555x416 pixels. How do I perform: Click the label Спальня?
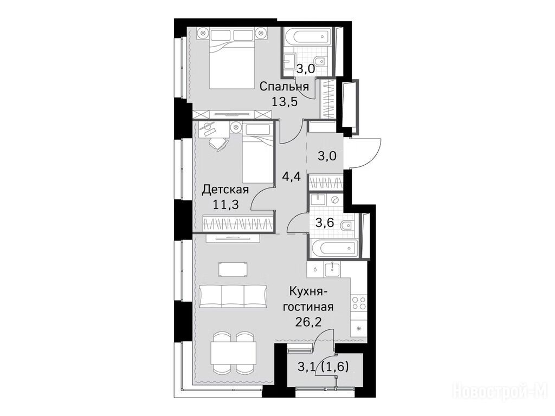point(284,87)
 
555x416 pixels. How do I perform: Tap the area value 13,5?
point(284,102)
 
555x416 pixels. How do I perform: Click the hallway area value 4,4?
point(291,176)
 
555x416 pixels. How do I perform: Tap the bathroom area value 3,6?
point(325,224)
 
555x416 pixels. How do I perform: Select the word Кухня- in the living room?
point(309,292)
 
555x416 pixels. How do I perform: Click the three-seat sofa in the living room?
point(233,296)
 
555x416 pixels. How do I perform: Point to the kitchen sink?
point(332,269)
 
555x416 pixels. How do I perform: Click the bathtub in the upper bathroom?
point(307,38)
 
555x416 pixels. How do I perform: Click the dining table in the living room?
point(233,354)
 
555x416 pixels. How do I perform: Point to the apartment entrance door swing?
point(366,153)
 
